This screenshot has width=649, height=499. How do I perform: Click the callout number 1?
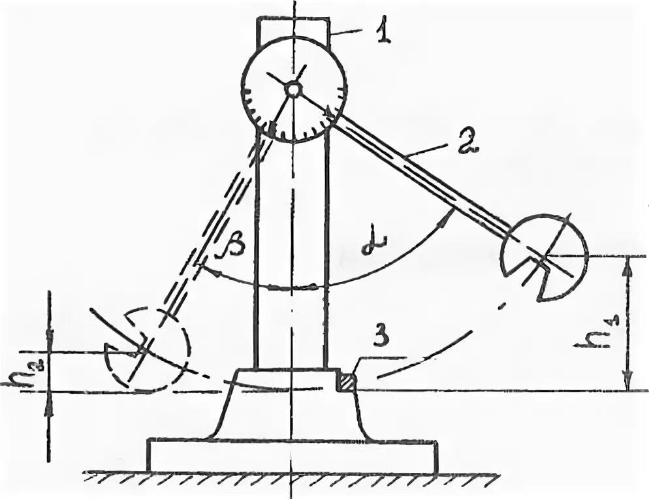[383, 31]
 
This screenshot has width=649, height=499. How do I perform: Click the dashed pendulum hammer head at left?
[147, 349]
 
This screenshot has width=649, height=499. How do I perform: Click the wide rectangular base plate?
[293, 455]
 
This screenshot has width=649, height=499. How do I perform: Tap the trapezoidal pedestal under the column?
[291, 405]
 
